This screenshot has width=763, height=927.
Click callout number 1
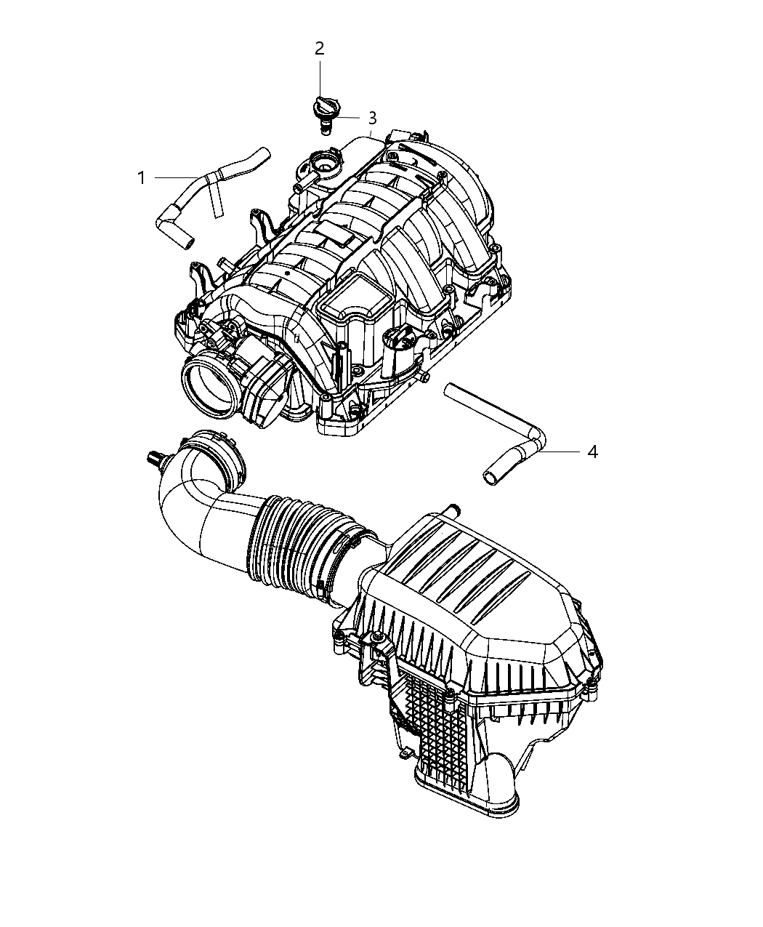142,177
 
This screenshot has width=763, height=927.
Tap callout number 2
319,49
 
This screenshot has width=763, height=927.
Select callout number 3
372,118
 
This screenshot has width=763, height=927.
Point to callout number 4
592,452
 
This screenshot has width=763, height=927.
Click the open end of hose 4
492,477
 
